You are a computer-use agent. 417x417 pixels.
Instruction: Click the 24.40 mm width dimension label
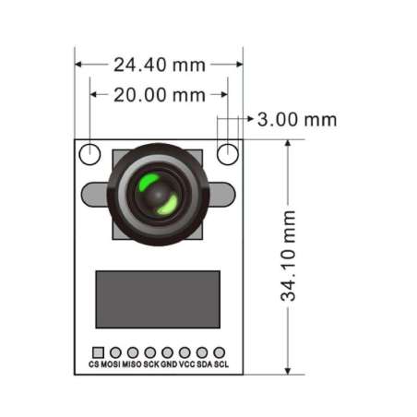click(159, 65)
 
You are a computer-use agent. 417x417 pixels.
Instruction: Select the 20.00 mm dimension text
click(159, 94)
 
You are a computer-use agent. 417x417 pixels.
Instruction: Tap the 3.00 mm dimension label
click(296, 119)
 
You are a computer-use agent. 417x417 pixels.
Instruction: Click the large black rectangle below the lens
click(159, 299)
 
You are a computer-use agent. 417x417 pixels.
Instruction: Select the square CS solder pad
click(97, 352)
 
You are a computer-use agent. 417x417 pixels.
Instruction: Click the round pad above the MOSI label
click(114, 352)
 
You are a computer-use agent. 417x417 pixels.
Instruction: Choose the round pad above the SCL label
click(220, 352)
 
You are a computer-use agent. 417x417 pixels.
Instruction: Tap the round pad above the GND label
click(167, 352)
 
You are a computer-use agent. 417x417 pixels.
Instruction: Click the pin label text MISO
click(132, 365)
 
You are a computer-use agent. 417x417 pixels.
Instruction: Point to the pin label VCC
click(186, 365)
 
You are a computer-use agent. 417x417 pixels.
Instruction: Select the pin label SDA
click(204, 365)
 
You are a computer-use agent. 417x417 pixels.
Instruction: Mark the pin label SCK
click(150, 365)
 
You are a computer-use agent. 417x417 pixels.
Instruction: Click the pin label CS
click(93, 365)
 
